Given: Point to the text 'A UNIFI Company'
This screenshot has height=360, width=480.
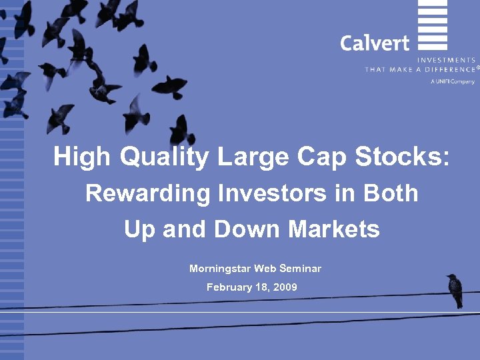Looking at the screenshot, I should coord(453,81).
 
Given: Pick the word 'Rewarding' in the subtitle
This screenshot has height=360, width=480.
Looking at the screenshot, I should coord(138,193).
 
